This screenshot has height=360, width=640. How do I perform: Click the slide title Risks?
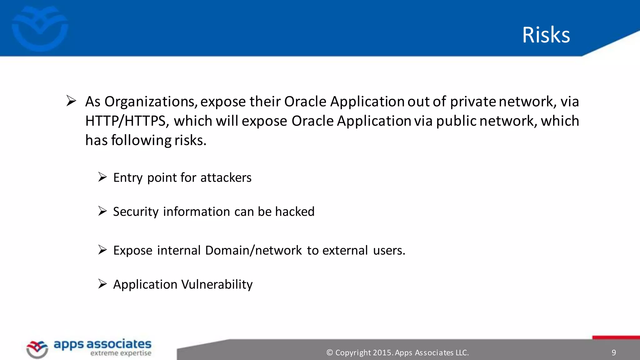[x=546, y=35]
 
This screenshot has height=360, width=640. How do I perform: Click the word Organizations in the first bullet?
[x=150, y=102]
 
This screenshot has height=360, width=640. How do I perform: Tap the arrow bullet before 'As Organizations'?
[x=71, y=101]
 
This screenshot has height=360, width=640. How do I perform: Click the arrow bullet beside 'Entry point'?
[x=102, y=177]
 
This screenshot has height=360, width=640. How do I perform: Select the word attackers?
[x=226, y=178]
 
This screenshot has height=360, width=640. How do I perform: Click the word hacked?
[x=295, y=212]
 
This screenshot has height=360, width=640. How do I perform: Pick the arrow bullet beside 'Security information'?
[x=102, y=211]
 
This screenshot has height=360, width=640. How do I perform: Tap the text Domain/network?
[x=253, y=251]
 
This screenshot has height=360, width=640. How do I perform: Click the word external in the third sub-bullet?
[x=345, y=251]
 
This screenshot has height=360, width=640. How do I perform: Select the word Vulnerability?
[x=217, y=285]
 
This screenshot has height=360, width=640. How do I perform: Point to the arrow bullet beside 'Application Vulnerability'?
[x=102, y=284]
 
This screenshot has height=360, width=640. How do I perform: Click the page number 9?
[x=614, y=353]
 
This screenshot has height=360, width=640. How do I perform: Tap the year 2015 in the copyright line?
[x=382, y=353]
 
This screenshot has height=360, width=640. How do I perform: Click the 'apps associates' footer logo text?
[x=102, y=344]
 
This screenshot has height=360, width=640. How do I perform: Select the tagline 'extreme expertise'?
[x=121, y=353]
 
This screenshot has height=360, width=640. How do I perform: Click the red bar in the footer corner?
[x=616, y=337]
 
